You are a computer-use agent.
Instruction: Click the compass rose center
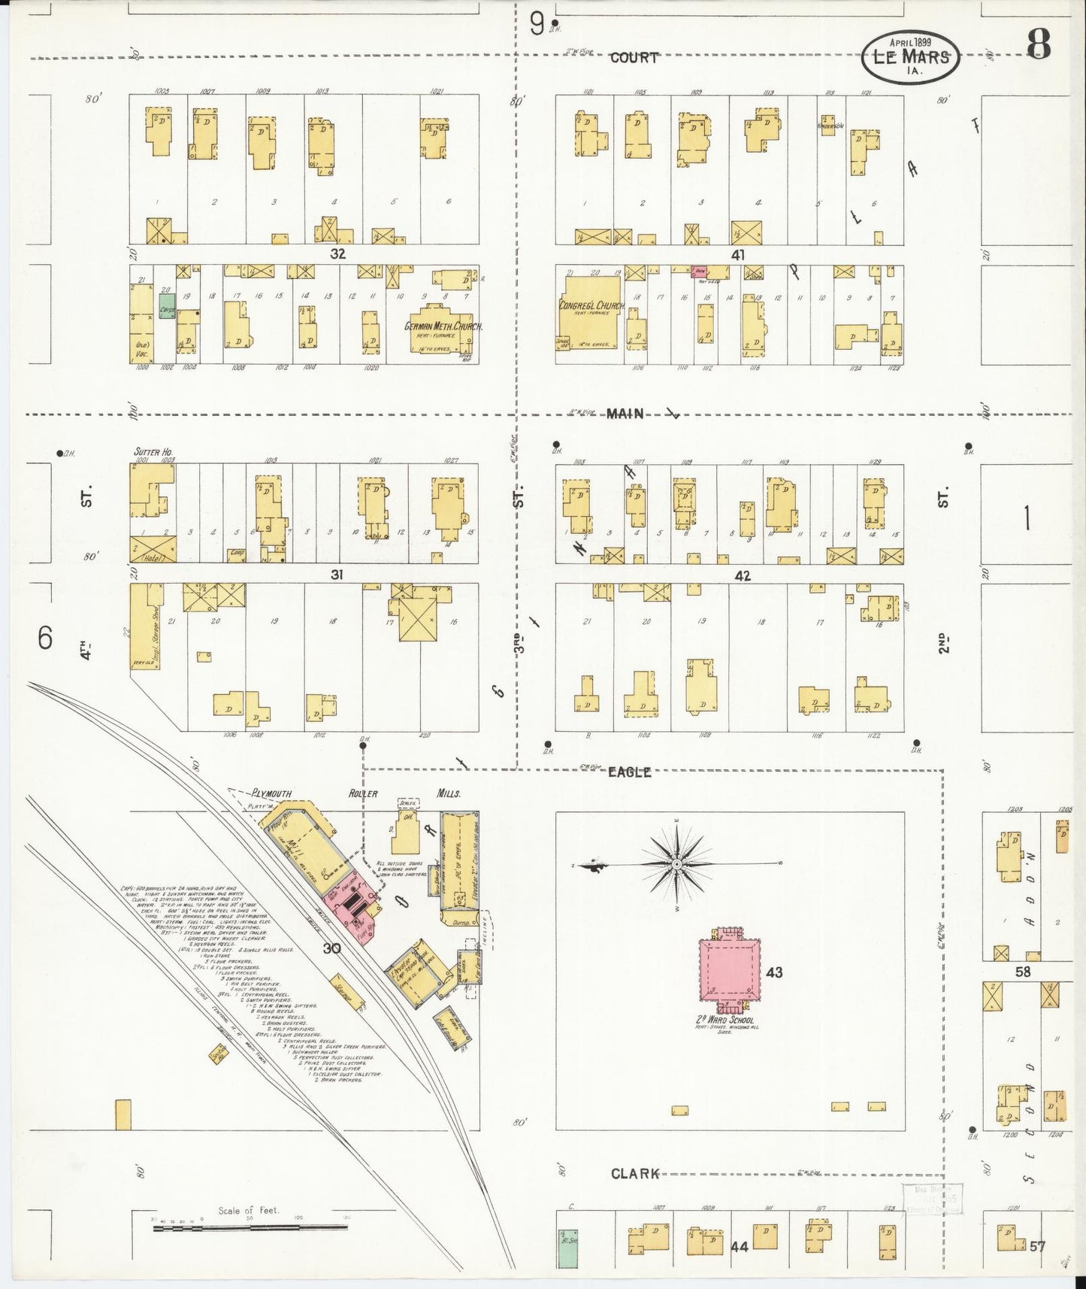(x=677, y=865)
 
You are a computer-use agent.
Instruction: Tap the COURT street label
(x=634, y=58)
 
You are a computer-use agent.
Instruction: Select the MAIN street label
(x=625, y=413)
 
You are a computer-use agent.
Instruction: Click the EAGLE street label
(x=629, y=772)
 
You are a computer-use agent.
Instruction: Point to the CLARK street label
(x=635, y=1173)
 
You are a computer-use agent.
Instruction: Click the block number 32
(x=337, y=254)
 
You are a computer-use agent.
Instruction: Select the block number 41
(x=738, y=255)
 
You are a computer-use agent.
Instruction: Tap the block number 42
(x=743, y=576)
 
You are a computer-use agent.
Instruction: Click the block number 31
(x=337, y=575)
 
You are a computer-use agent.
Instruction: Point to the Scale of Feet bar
(x=250, y=1228)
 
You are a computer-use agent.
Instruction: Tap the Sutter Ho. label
(x=149, y=452)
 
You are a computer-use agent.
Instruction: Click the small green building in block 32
(x=167, y=306)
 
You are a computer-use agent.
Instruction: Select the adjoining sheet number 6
(x=45, y=638)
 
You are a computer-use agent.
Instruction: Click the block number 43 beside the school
(x=775, y=972)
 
